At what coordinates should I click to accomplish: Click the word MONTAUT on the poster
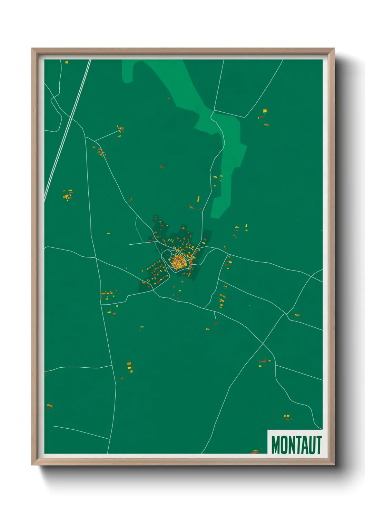tap(296, 445)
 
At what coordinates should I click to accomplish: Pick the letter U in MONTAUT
tap(312, 445)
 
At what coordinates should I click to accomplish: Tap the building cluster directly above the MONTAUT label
tap(287, 417)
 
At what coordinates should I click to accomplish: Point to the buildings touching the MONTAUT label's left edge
tap(255, 451)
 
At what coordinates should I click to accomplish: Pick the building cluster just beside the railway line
tap(68, 195)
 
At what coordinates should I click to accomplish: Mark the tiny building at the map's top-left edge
tap(67, 62)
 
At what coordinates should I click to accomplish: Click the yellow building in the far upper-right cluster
tap(265, 111)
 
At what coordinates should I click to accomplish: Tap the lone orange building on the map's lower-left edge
tap(50, 406)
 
